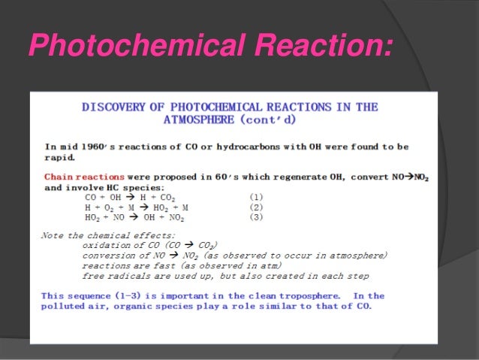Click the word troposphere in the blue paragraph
coord(295,296)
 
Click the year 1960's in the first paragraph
coord(86,147)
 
